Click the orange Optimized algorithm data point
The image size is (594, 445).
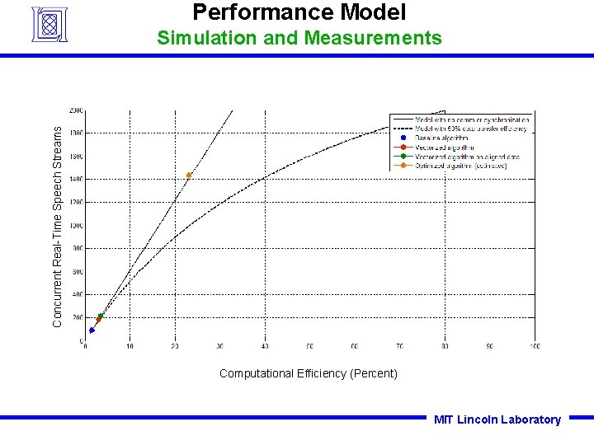[189, 176]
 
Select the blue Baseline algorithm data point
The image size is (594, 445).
[92, 330]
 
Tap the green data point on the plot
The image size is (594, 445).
[101, 316]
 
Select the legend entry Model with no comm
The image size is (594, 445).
[471, 119]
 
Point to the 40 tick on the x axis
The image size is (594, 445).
[265, 346]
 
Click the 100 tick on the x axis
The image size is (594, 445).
[535, 346]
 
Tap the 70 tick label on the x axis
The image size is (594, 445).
[400, 346]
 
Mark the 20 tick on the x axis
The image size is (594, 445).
[175, 346]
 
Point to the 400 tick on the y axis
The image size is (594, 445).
[77, 294]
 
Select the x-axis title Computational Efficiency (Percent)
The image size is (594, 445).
[308, 373]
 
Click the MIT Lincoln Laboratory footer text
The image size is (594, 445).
[497, 419]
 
